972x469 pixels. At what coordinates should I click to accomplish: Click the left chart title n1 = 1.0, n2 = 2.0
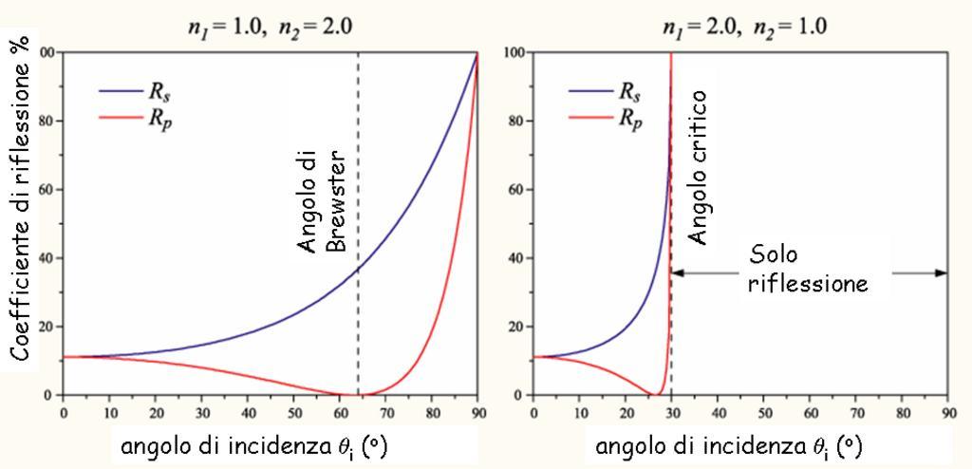point(269,25)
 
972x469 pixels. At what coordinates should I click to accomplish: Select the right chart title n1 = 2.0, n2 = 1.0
point(740,25)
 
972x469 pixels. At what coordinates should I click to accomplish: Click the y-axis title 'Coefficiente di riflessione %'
point(22,198)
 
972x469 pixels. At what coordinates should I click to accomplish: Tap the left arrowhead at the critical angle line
point(678,273)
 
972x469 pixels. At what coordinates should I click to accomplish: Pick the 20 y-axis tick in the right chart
point(516,327)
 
